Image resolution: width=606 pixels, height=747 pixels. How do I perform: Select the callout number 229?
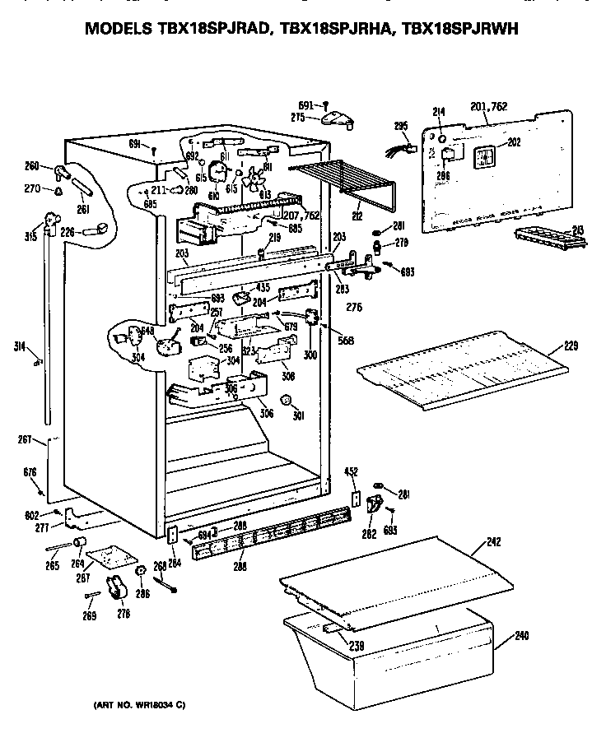point(571,346)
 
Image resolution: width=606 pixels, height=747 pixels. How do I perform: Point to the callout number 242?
point(493,543)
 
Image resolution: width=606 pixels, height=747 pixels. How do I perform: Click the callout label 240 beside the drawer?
point(522,635)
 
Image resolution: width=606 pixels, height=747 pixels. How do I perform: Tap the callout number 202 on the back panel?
point(514,142)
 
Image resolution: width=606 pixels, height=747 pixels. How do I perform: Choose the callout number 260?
point(32,167)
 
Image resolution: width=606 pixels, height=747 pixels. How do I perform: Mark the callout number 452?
point(351,472)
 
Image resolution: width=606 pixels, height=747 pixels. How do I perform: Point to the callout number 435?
point(263,286)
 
